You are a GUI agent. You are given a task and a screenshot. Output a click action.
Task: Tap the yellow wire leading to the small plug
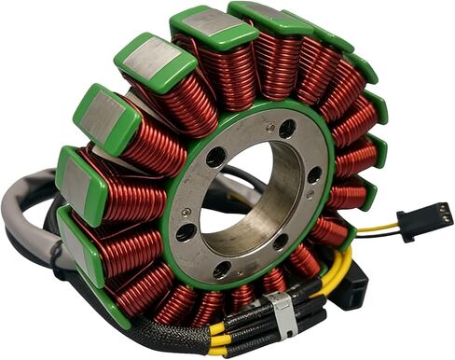[378, 228]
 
